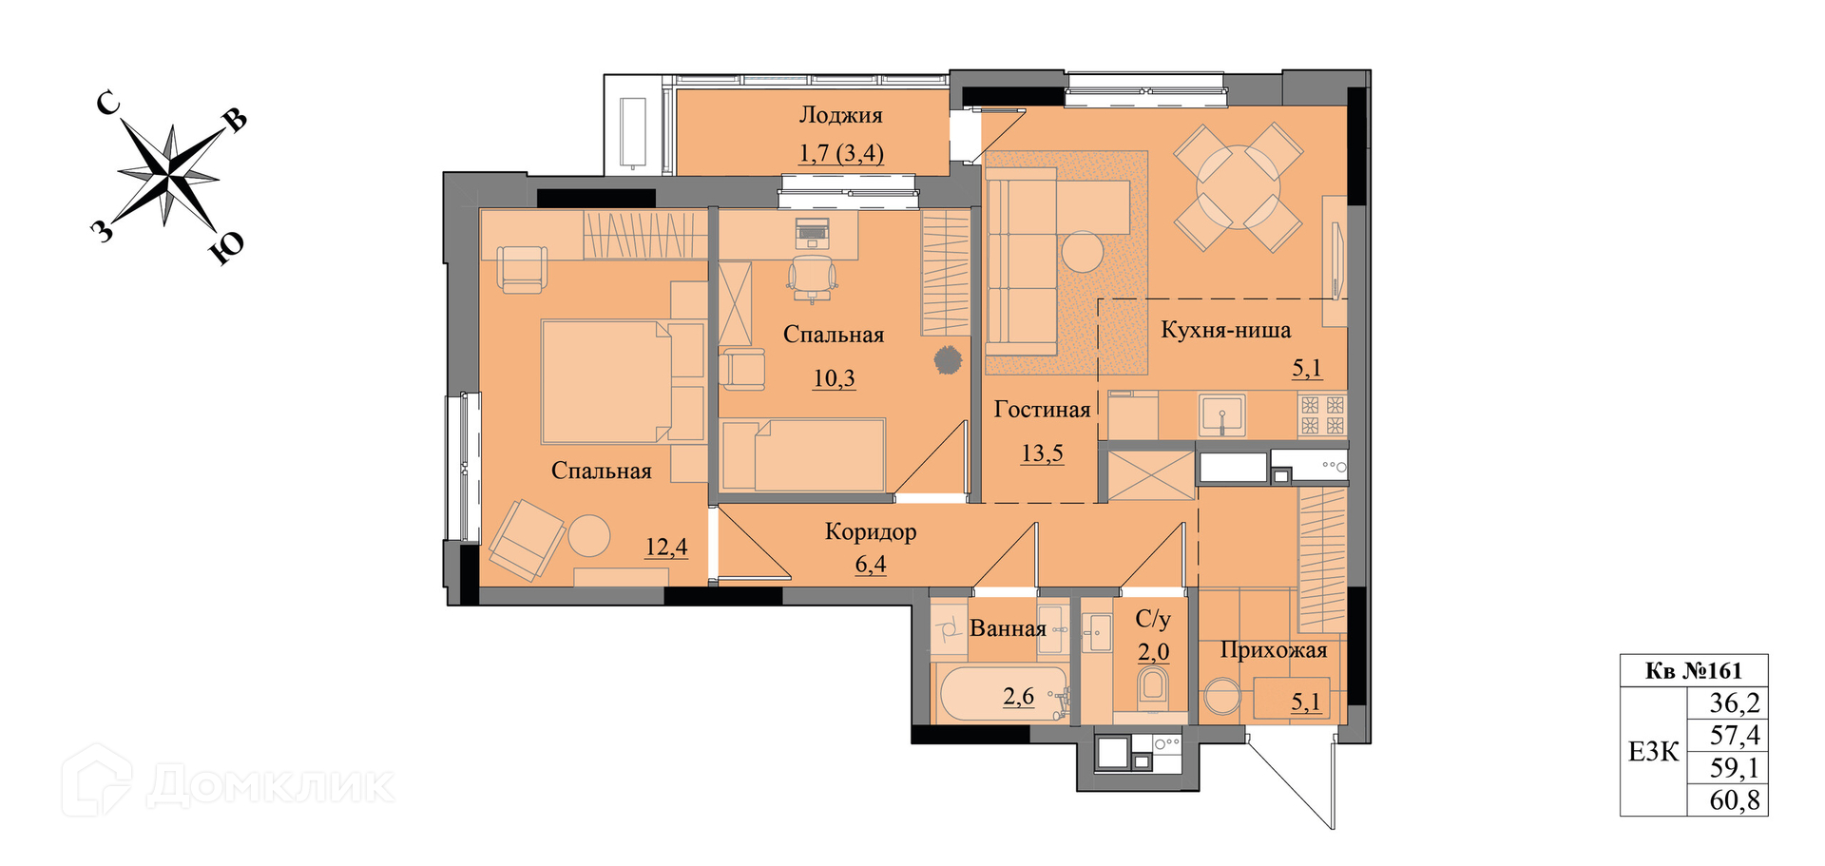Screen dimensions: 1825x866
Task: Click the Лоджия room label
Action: click(840, 116)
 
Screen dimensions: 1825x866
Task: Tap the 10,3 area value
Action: click(834, 378)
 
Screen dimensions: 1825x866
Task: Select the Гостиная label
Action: click(1042, 410)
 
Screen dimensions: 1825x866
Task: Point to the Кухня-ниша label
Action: click(1225, 331)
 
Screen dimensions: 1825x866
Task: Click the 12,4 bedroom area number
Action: click(666, 548)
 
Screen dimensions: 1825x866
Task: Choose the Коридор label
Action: click(871, 531)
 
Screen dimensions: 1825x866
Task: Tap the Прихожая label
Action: click(1273, 650)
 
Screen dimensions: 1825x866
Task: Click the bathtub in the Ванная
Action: click(1003, 695)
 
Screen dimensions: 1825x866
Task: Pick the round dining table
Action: click(1239, 186)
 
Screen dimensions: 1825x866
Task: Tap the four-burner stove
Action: click(1322, 415)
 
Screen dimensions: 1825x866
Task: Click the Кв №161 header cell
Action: click(1694, 671)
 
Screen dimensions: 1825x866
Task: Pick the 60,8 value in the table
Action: click(1735, 800)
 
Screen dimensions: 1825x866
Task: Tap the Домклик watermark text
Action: click(270, 786)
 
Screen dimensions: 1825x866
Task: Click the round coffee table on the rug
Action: click(1083, 252)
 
